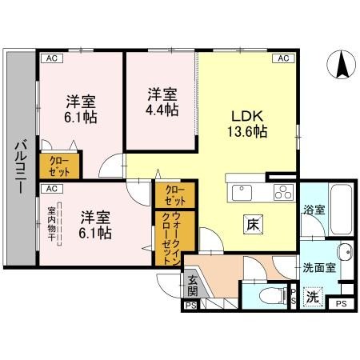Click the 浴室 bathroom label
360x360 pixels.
314,210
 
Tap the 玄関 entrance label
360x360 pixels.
194,284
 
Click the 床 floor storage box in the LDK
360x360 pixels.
250,225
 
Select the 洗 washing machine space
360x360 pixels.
313,295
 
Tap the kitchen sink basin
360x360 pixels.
241,193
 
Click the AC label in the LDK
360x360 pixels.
283,58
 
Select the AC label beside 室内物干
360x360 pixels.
50,189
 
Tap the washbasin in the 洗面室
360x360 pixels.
343,254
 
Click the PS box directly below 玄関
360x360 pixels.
190,305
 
